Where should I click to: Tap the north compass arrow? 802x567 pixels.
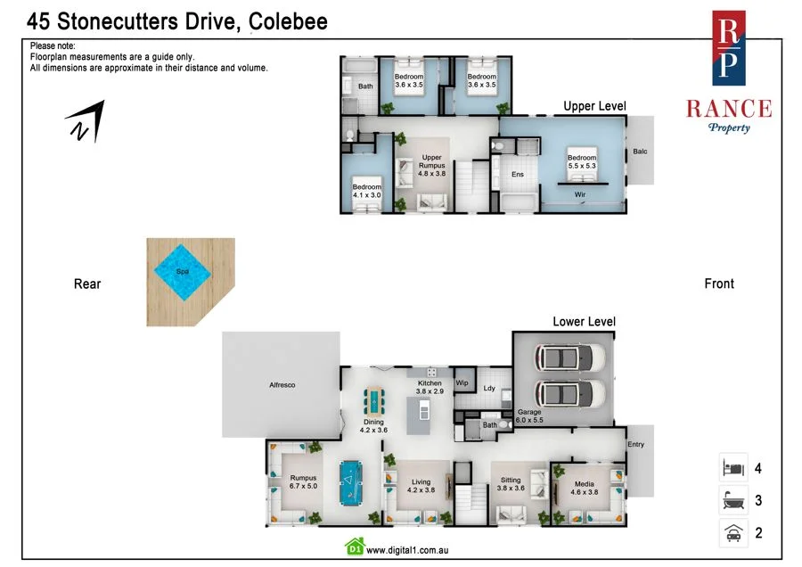point(86,121)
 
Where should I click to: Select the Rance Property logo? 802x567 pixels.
point(728,72)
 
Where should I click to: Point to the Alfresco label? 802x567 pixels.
point(282,385)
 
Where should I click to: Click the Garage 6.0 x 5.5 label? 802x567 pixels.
point(530,416)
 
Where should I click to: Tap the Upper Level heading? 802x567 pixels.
point(594,106)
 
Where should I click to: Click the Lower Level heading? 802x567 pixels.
point(584,322)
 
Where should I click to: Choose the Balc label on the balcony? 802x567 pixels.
point(640,152)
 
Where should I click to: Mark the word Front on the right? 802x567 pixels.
point(719,283)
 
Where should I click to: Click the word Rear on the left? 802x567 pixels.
point(87,284)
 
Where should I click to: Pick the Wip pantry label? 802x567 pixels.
point(462,383)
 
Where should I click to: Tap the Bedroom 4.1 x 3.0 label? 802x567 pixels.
point(366,191)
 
